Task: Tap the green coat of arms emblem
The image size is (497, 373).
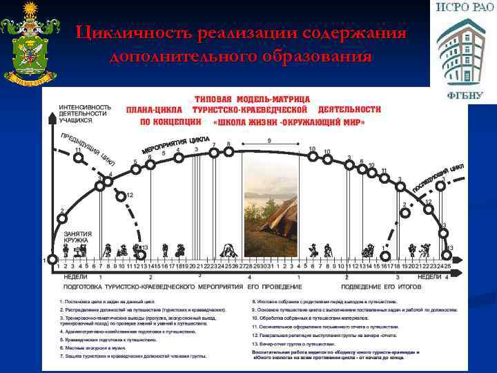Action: click(26, 44)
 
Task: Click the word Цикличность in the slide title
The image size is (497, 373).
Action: click(134, 33)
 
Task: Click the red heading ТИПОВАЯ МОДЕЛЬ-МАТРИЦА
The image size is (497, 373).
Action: click(253, 99)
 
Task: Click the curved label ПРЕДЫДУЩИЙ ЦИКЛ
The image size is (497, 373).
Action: click(88, 147)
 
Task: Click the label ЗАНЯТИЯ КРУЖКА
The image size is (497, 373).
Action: click(77, 238)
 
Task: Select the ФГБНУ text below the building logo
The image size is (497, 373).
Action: click(463, 95)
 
